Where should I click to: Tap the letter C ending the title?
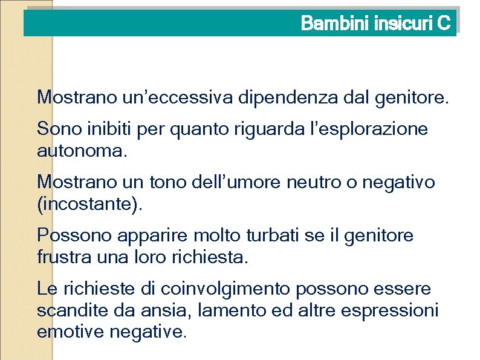(444, 24)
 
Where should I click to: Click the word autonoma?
(82, 150)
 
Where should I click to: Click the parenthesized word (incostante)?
(91, 203)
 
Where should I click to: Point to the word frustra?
(62, 257)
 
